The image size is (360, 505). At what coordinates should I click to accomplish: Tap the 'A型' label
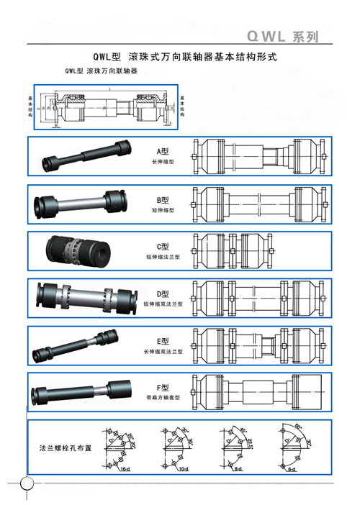tap(162, 152)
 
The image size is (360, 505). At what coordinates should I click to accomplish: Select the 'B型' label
tap(162, 199)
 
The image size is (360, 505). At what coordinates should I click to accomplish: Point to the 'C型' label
tap(162, 247)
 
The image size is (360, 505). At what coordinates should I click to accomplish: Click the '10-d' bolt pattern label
tap(183, 469)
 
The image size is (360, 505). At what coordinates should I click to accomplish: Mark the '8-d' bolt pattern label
tap(238, 469)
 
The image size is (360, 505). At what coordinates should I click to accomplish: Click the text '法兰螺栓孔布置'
tap(65, 447)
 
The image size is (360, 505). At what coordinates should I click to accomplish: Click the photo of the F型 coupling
tap(81, 393)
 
